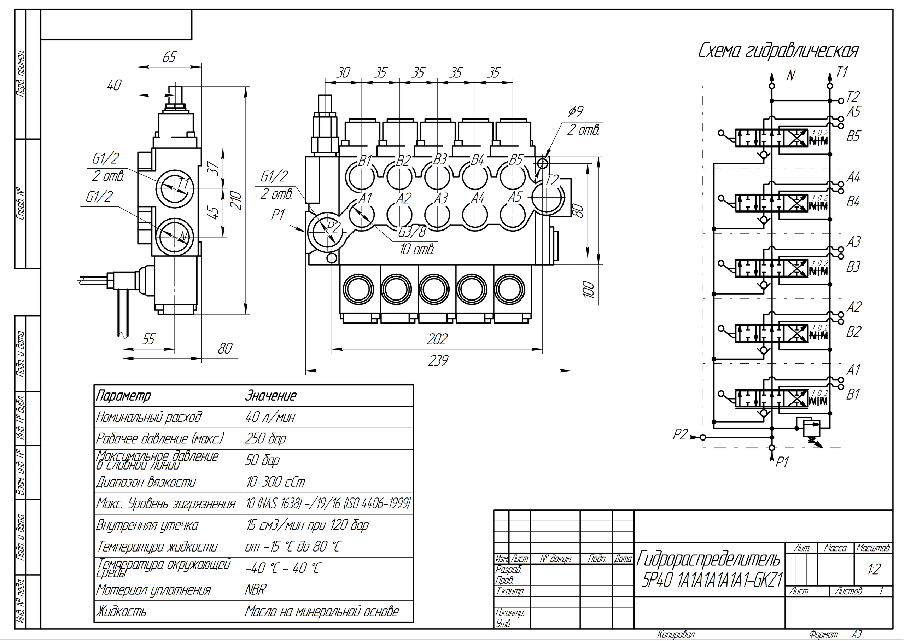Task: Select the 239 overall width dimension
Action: pyautogui.click(x=438, y=361)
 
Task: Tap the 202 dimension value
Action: pyautogui.click(x=437, y=339)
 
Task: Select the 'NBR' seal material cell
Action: pyautogui.click(x=255, y=590)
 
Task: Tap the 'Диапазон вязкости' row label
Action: pyautogui.click(x=146, y=482)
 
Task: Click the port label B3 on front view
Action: pyautogui.click(x=440, y=160)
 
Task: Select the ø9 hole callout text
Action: pyautogui.click(x=576, y=112)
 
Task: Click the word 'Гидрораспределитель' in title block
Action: pyautogui.click(x=709, y=559)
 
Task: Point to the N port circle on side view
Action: pyautogui.click(x=174, y=235)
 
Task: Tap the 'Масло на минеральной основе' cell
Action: pyautogui.click(x=322, y=611)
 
